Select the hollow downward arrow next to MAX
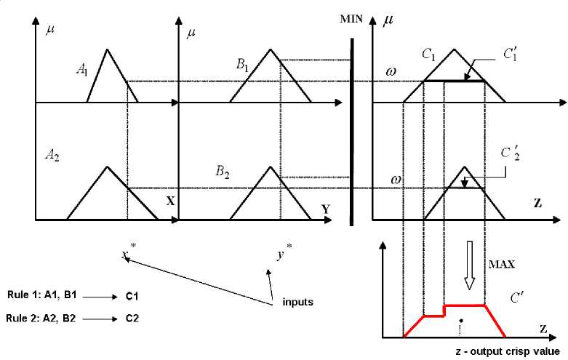coord(470,265)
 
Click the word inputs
coord(297,301)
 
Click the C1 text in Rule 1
coord(132,297)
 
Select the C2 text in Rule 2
coord(132,318)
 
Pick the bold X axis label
coord(170,201)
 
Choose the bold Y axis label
coord(326,209)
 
